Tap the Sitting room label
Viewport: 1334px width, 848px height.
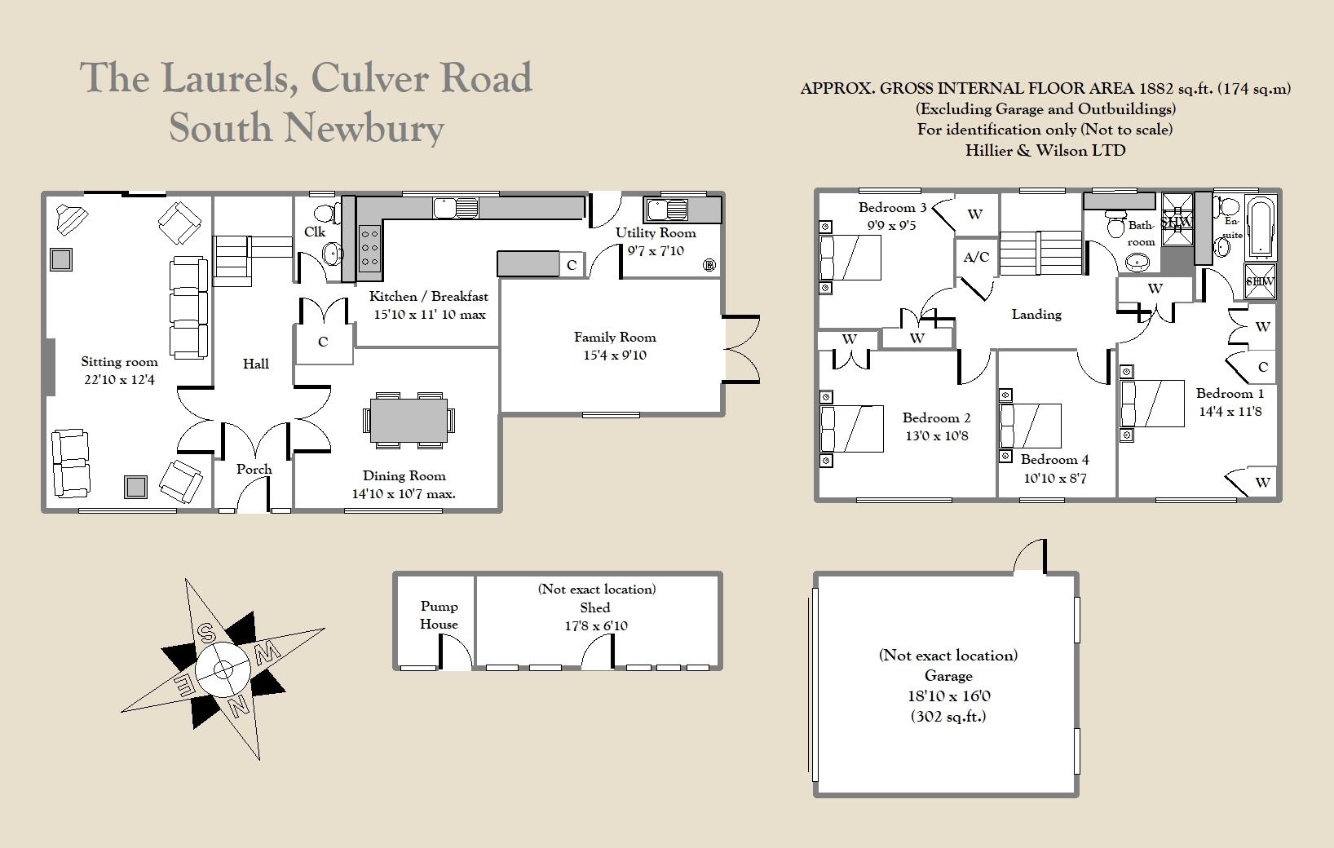click(119, 362)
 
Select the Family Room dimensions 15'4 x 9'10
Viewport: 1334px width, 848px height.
click(615, 355)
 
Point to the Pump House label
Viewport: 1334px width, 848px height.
click(439, 616)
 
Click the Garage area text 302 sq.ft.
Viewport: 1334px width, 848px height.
click(948, 717)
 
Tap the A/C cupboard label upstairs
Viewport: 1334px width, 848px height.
click(976, 258)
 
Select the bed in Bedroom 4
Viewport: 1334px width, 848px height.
click(1030, 426)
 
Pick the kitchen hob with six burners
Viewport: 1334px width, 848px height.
click(369, 248)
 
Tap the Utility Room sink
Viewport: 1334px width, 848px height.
click(666, 210)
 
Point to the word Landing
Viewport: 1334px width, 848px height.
click(1036, 314)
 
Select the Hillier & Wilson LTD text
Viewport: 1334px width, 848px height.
click(1045, 150)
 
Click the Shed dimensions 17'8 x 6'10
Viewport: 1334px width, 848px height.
click(595, 626)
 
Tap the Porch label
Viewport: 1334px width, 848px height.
click(254, 469)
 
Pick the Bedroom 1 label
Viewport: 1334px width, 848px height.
click(1230, 393)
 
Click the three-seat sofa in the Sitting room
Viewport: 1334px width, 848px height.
click(188, 308)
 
